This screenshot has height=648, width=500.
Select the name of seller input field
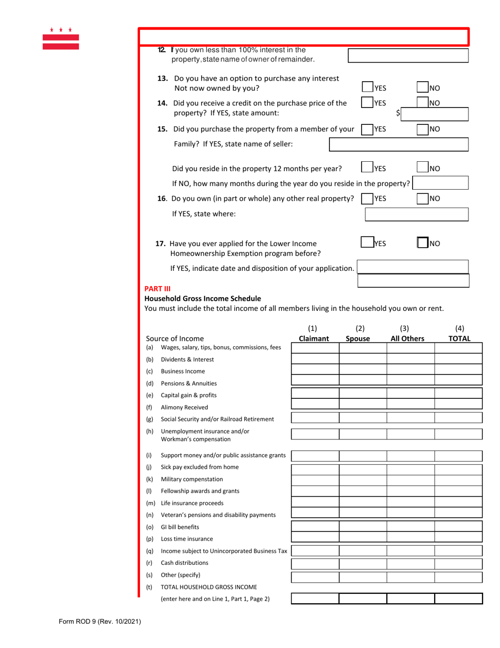click(398, 144)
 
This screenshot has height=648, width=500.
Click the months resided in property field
click(441, 183)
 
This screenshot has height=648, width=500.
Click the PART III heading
click(158, 289)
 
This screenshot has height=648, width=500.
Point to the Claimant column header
click(314, 338)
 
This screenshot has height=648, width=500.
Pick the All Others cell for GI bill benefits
click(411, 526)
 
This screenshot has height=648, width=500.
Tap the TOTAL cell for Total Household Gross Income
click(458, 598)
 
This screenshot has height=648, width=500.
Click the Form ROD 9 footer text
click(99, 622)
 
